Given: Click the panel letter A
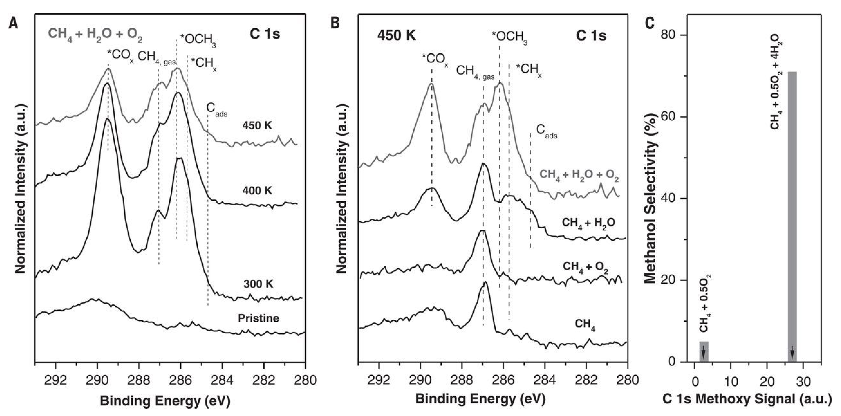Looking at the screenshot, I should [13, 23].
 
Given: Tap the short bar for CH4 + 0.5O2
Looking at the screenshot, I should [704, 351].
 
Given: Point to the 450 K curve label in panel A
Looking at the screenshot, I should [257, 126].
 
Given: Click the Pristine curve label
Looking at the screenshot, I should [259, 318].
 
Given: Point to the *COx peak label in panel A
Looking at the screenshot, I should [120, 56].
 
